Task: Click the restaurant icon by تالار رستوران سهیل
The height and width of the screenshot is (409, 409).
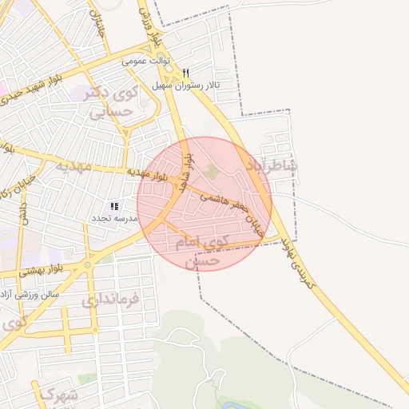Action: [185, 73]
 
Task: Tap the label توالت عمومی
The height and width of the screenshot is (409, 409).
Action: [146, 61]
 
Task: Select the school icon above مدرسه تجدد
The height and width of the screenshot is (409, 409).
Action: [114, 206]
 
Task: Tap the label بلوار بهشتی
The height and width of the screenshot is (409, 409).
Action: [29, 272]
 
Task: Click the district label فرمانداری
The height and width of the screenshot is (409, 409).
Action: [109, 301]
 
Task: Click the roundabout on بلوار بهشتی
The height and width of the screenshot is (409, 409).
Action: [87, 265]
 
